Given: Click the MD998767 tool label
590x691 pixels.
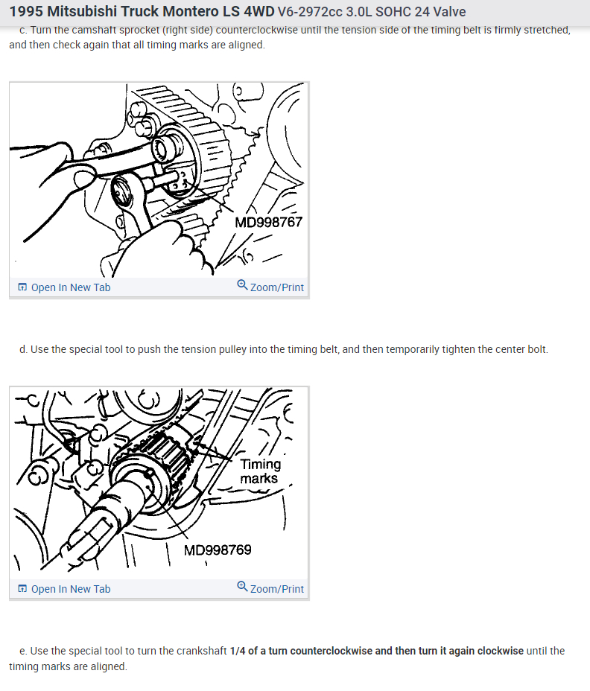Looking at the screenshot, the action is pos(268,222).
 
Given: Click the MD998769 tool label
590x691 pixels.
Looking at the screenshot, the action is pos(218,550).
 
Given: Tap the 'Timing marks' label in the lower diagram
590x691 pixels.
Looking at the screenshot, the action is pos(260,471).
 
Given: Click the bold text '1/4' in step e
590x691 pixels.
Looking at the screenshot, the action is pos(238,651).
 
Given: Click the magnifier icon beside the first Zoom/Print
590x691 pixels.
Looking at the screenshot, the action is pos(243,284).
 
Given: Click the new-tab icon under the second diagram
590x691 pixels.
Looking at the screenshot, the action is pos(22,589).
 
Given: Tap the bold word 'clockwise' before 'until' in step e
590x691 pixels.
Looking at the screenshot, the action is pos(501,651).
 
